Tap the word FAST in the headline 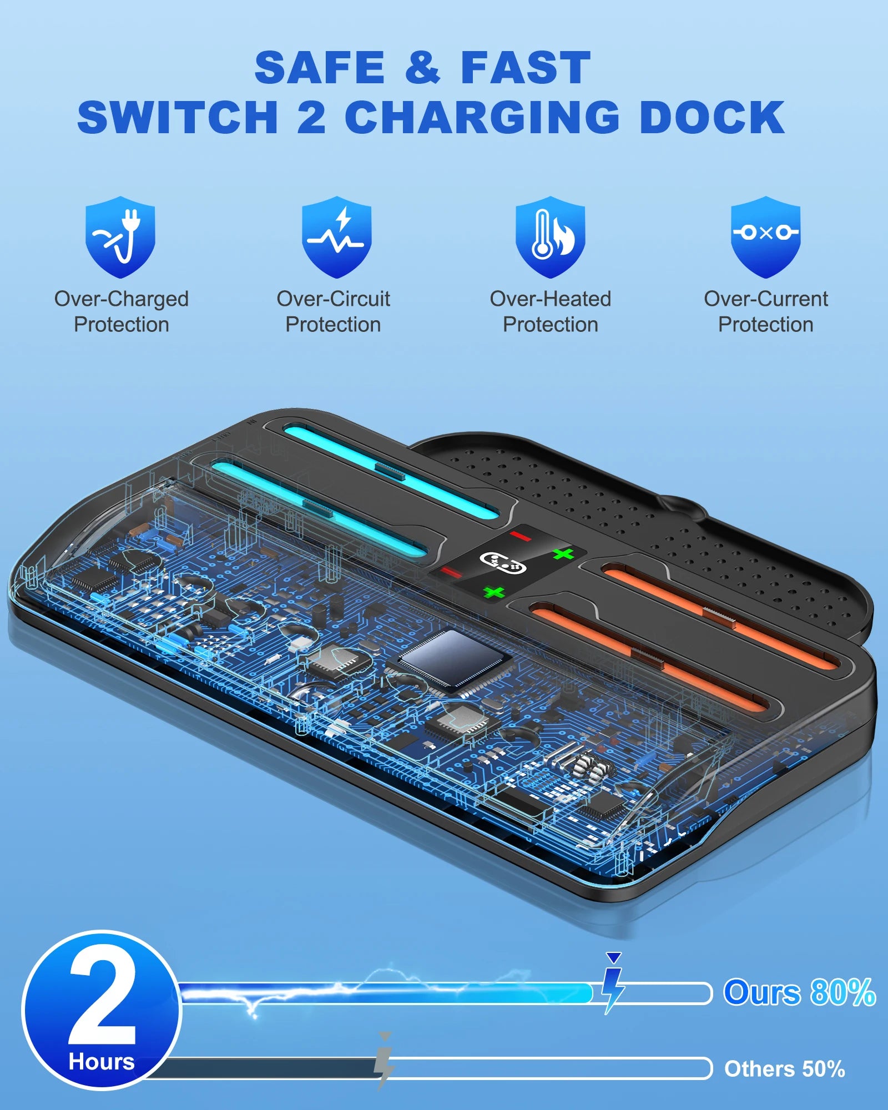coord(525,68)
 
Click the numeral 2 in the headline coord(311,118)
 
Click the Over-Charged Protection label coord(122,311)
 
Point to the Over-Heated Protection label coord(550,311)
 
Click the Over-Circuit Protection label coord(333,311)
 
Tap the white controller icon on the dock coord(502,563)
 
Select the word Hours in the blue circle coord(102,1062)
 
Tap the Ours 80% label coord(799,992)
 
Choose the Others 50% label coord(784,1068)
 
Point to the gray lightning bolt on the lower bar coord(384,1061)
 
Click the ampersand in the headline coord(422,68)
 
